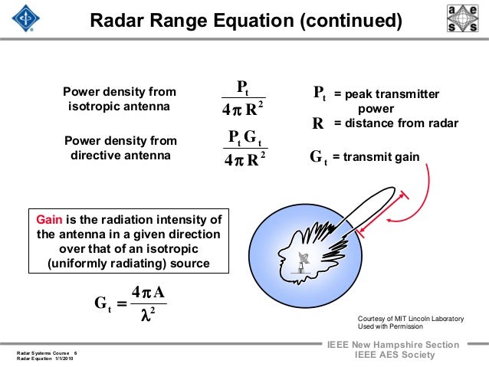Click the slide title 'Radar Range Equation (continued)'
245,21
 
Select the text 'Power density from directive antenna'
120,148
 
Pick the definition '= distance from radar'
395,123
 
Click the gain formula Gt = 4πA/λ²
129,303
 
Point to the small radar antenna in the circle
305,265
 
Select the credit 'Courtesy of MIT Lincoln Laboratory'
405,317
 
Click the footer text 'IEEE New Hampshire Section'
392,345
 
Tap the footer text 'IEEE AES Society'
392,356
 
